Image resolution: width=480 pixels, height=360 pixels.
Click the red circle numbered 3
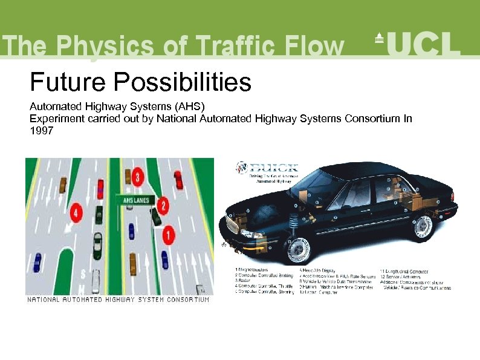tap(138, 177)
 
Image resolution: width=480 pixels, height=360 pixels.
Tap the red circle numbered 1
tap(169, 232)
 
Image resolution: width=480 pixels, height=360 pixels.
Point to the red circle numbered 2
tap(163, 205)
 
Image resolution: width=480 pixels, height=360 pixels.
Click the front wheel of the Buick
tap(297, 249)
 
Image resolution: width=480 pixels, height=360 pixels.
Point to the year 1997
tap(42, 129)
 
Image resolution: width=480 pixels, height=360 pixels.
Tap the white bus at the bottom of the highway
tap(95, 283)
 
